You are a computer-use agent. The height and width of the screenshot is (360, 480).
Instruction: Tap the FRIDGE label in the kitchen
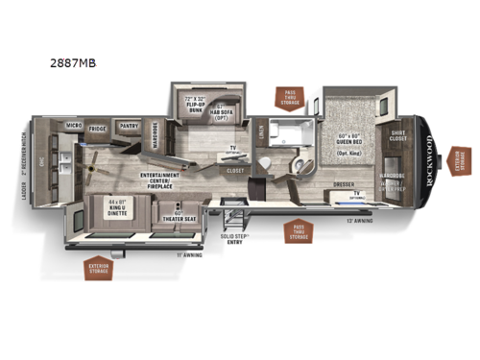97,126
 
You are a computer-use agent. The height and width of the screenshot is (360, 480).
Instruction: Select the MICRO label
73,125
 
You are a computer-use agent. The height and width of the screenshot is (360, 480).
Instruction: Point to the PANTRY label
129,125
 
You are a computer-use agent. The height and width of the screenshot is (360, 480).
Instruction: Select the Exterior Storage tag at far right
461,162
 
